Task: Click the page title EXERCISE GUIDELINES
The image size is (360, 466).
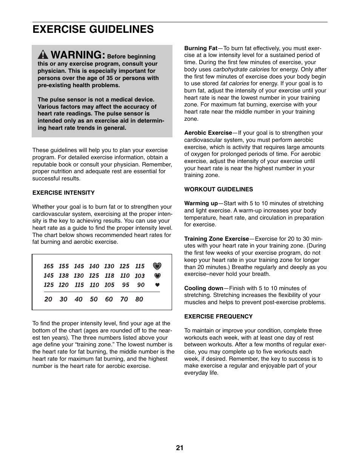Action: coord(93,29)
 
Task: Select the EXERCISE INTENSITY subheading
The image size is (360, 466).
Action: coord(63,193)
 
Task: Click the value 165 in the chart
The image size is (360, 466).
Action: coord(49,266)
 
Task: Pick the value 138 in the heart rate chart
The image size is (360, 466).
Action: coord(64,276)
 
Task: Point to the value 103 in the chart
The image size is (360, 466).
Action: coord(140,276)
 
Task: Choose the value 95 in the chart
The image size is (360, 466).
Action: coord(125,285)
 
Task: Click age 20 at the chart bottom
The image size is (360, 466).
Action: coord(48,299)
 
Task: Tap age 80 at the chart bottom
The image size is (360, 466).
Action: coord(139,299)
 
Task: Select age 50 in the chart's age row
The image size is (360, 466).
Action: coord(94,299)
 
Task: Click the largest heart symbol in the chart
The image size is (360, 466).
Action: coord(157,266)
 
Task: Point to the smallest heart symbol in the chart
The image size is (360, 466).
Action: coord(157,285)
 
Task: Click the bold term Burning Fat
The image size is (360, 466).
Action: coord(201,48)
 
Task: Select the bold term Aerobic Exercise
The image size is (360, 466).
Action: coord(208,133)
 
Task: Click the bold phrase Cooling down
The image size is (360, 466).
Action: coord(204,288)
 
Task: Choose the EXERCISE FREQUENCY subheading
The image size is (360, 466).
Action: coord(218,317)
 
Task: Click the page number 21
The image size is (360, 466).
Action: coord(180,448)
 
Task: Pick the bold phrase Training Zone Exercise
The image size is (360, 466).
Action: coord(217,239)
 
